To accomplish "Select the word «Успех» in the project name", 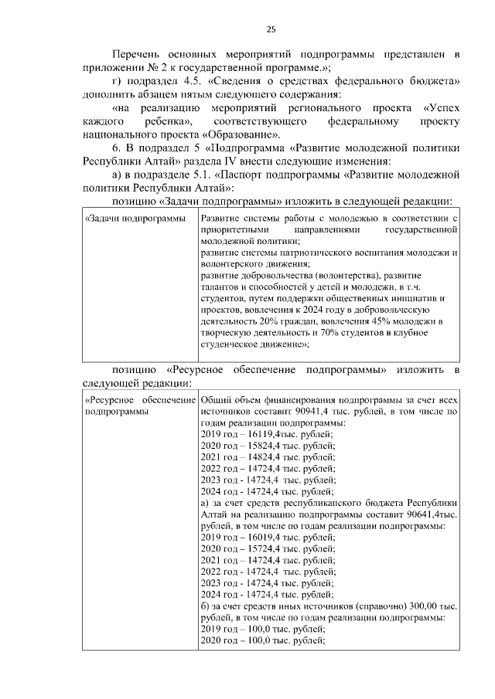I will [x=442, y=109].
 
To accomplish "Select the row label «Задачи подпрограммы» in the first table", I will [x=135, y=219].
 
